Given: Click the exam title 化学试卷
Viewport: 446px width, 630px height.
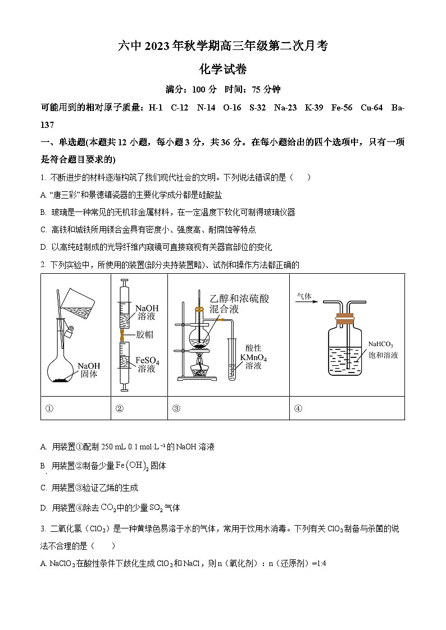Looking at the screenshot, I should point(223,70).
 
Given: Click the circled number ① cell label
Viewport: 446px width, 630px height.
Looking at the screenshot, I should point(49,408).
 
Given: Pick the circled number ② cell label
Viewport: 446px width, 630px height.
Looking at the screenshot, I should point(119,408).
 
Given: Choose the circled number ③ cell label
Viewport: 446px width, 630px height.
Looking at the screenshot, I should point(176,408).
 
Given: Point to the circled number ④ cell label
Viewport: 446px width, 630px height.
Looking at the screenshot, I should point(298,408).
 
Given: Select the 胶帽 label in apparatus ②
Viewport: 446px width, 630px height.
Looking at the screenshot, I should point(144,335).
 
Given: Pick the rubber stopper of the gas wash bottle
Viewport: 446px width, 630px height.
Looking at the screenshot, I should point(345,319).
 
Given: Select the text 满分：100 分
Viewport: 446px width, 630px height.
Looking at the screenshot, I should point(191,89).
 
